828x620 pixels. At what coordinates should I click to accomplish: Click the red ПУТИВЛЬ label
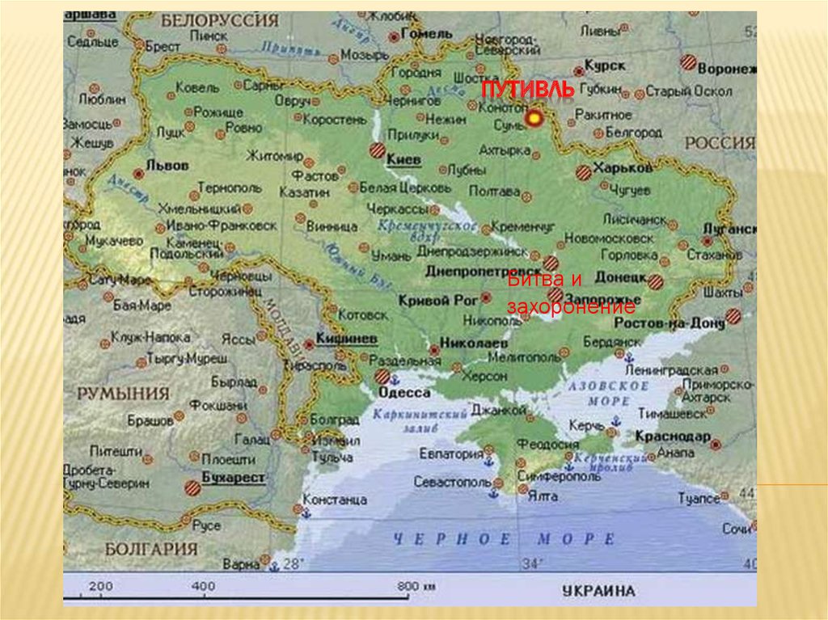click(x=528, y=90)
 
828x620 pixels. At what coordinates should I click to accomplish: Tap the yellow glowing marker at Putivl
click(x=533, y=119)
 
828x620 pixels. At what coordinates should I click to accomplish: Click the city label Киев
click(x=403, y=160)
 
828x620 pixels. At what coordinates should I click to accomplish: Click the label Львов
click(x=167, y=165)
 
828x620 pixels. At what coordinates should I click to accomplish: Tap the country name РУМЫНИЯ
click(x=123, y=394)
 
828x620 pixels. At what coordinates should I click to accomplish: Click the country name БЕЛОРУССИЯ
click(x=219, y=20)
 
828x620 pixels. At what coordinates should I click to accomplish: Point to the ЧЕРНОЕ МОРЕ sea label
click(x=504, y=539)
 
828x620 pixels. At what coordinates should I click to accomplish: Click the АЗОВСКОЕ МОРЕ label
click(x=610, y=394)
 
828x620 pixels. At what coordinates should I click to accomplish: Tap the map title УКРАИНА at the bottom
click(x=598, y=590)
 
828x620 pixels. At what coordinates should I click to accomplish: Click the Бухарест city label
click(x=233, y=478)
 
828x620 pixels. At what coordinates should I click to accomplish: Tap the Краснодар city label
click(x=671, y=436)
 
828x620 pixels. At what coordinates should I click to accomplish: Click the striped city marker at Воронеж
click(x=688, y=61)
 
